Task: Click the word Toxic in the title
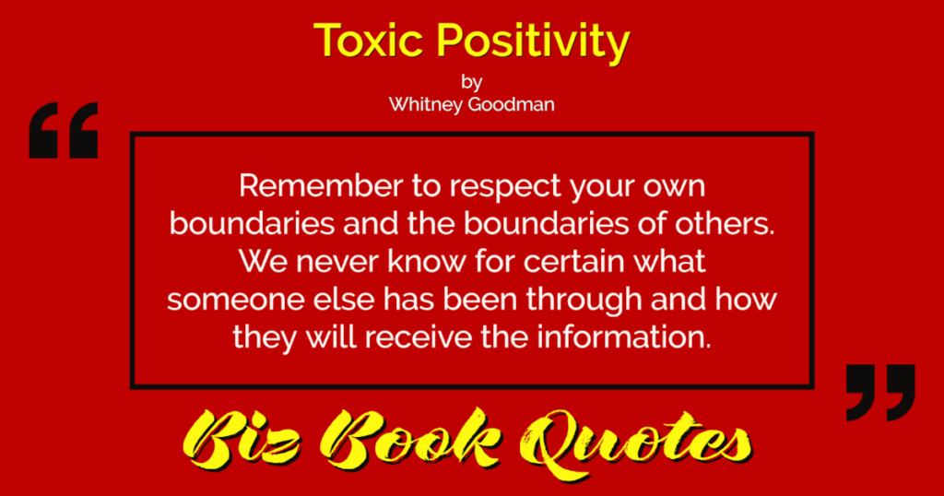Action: pyautogui.click(x=368, y=41)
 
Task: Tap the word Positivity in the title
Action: pyautogui.click(x=533, y=43)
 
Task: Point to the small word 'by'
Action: pyautogui.click(x=471, y=82)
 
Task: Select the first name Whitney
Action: pyautogui.click(x=425, y=105)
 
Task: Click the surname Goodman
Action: pyautogui.click(x=511, y=104)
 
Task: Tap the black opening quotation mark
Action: pyautogui.click(x=64, y=130)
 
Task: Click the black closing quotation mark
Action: pyautogui.click(x=880, y=393)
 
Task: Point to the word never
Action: pyautogui.click(x=337, y=262)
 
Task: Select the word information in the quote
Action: pyautogui.click(x=624, y=337)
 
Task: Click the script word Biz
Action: pyautogui.click(x=245, y=442)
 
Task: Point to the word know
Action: pyautogui.click(x=427, y=261)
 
